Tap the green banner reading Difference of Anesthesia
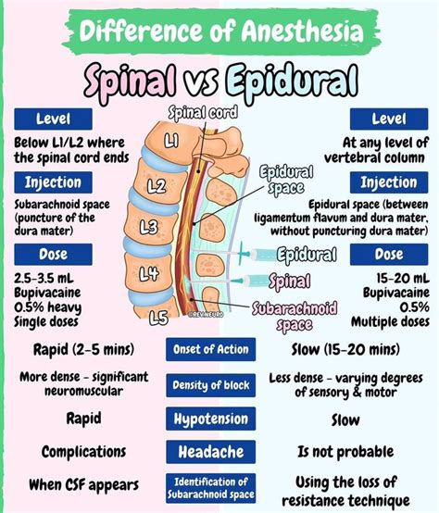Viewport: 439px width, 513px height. (x=219, y=31)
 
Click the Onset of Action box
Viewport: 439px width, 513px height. (x=219, y=350)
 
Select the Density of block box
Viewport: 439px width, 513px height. (x=219, y=385)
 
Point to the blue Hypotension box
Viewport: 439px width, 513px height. (x=219, y=419)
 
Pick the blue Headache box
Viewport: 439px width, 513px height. (x=219, y=452)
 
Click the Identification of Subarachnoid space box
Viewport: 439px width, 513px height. (x=219, y=486)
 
